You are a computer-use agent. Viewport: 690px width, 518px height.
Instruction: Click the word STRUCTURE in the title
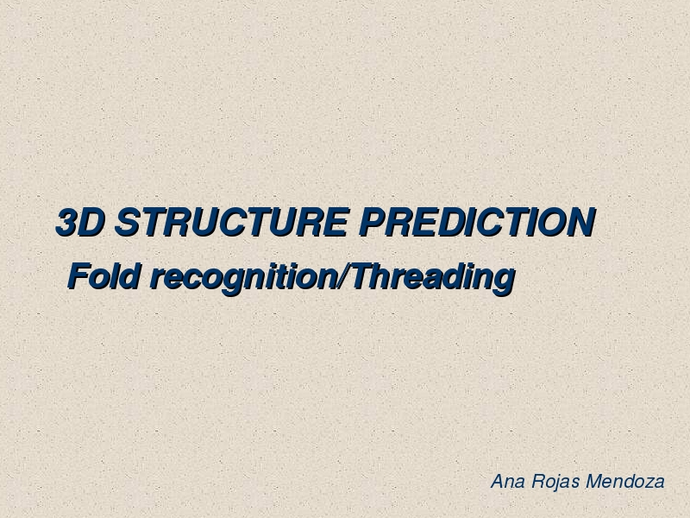point(232,222)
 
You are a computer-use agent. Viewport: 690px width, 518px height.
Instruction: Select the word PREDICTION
point(477,222)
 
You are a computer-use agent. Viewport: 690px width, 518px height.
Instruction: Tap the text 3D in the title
point(80,222)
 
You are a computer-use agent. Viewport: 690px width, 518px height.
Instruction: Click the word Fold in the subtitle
point(104,276)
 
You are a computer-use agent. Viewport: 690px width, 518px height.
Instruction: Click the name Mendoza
point(625,481)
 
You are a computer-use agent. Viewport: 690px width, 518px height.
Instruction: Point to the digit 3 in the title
point(67,222)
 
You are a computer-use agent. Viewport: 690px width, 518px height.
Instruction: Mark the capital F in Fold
point(79,276)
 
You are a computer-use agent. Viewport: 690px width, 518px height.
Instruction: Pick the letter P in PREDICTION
point(373,222)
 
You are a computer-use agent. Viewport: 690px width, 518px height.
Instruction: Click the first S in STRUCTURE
point(129,222)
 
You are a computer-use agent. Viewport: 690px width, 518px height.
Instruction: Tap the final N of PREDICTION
point(581,222)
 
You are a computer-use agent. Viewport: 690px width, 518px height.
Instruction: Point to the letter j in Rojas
point(556,483)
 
